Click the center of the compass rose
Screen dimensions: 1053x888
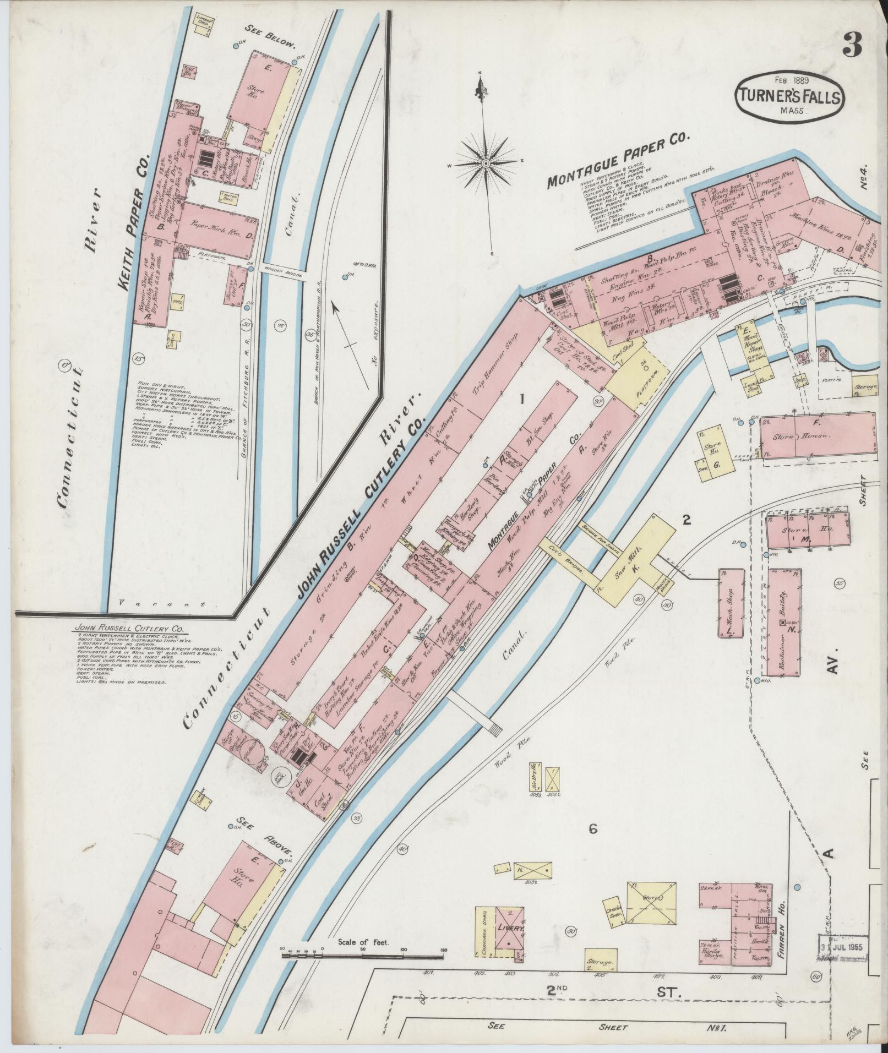point(486,164)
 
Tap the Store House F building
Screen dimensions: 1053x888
point(817,435)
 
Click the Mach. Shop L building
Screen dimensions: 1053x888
point(731,603)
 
